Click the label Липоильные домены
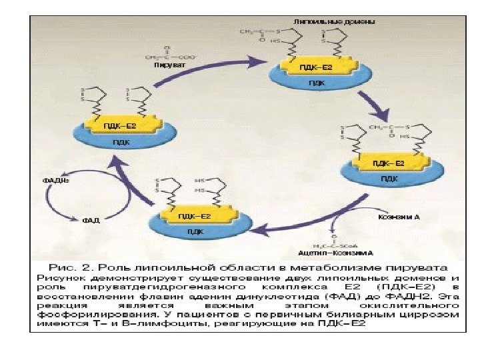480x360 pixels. coord(347,21)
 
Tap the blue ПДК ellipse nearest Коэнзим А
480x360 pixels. coord(387,177)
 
